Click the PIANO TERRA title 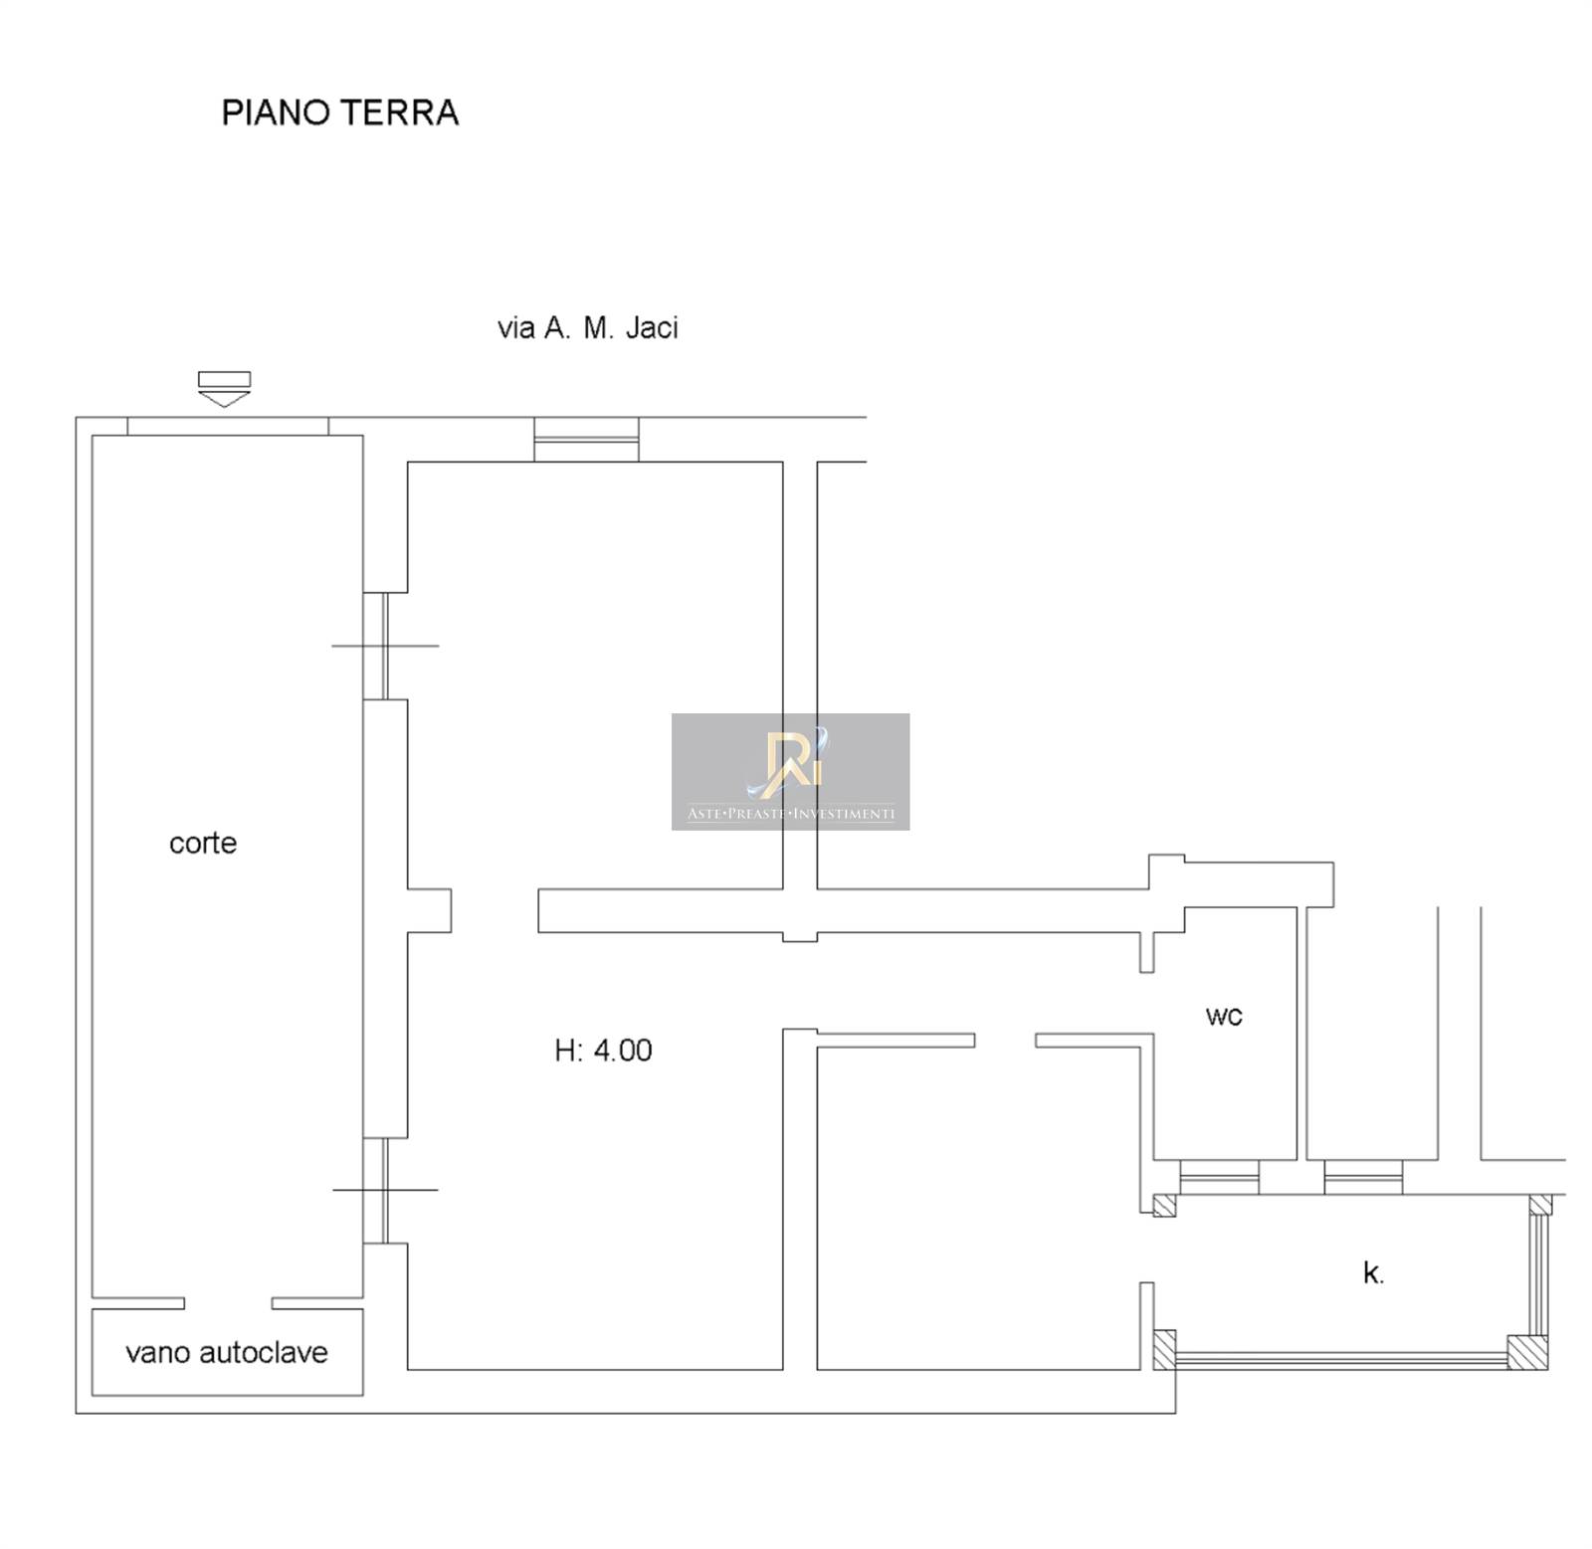pos(339,112)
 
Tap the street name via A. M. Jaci pos(587,327)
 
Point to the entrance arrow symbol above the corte pos(224,389)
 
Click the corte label pos(203,843)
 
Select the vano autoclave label pos(227,1352)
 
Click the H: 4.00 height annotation pos(603,1051)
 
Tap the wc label pos(1224,1016)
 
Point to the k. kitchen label pos(1373,1272)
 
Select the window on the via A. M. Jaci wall pos(586,439)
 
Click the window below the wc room pos(1219,1177)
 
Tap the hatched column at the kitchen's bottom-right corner pos(1527,1352)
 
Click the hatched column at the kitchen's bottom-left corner pos(1164,1350)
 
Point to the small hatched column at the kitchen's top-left pos(1164,1205)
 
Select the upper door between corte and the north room pos(374,646)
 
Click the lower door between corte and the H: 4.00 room pos(374,1190)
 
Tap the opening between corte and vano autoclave pos(228,1303)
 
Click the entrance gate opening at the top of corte pos(228,427)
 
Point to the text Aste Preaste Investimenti pos(791,814)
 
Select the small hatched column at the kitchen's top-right pos(1539,1205)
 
